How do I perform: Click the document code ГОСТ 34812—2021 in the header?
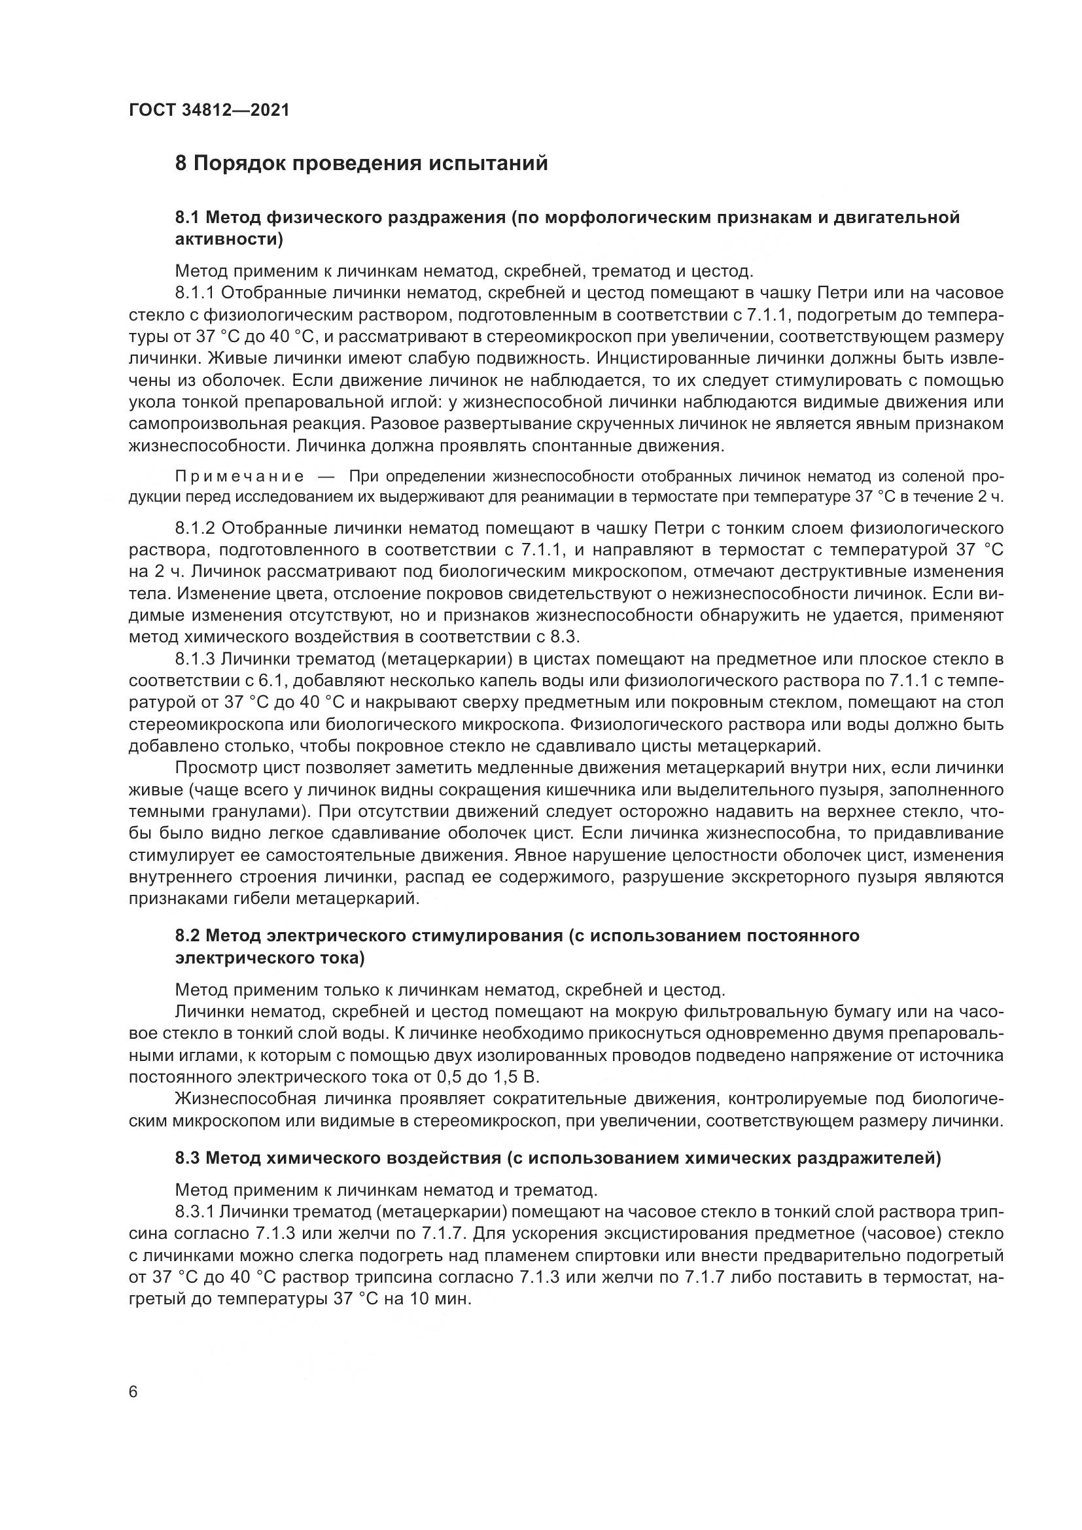pyautogui.click(x=209, y=111)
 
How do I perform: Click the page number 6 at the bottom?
pyautogui.click(x=133, y=1393)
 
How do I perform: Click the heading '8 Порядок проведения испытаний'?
pyautogui.click(x=361, y=164)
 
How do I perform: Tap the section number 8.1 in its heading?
pyautogui.click(x=188, y=218)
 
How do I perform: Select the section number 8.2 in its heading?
pyautogui.click(x=188, y=936)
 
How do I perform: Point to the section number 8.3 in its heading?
pyautogui.click(x=188, y=1159)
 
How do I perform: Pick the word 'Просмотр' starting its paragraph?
pyautogui.click(x=217, y=769)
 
